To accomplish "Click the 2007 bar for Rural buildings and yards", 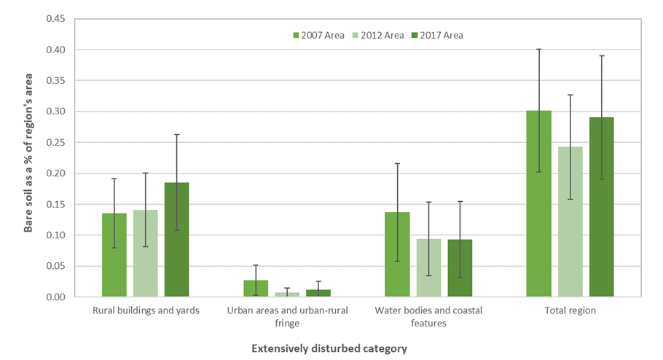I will (x=114, y=255).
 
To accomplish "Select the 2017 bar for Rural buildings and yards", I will (x=176, y=240).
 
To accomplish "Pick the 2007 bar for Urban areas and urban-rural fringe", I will (x=256, y=289).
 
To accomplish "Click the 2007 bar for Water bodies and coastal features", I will (x=397, y=254).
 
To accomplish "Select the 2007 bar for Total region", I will (x=538, y=203).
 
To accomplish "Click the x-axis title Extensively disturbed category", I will (x=329, y=348).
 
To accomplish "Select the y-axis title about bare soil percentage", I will (x=28, y=157).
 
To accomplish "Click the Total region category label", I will (x=570, y=310).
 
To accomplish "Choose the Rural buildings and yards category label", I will (x=146, y=310).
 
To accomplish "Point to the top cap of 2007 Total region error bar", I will (x=538, y=49).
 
